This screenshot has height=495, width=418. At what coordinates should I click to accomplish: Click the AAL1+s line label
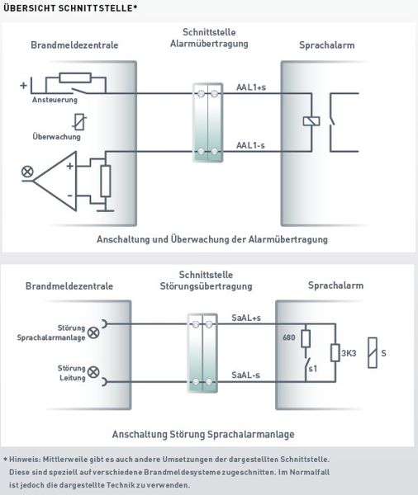click(x=251, y=87)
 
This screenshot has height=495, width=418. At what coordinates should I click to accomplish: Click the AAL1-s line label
click(x=250, y=145)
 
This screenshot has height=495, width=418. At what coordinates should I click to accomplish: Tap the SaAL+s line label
click(x=246, y=318)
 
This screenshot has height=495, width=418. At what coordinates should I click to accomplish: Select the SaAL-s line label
click(x=245, y=375)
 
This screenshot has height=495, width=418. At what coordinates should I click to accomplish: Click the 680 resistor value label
click(x=289, y=337)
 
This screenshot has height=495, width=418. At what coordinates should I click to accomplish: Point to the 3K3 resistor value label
click(x=349, y=353)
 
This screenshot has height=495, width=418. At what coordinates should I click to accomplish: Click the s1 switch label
click(x=313, y=369)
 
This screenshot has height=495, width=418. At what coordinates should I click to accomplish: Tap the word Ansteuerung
click(x=55, y=100)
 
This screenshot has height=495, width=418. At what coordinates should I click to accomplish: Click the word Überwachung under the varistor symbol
click(x=57, y=137)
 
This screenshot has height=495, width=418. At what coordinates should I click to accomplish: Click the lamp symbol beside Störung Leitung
click(x=93, y=372)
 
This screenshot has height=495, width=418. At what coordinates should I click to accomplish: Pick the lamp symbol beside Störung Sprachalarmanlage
click(x=93, y=332)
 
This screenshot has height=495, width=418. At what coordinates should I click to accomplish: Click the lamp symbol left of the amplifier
click(x=27, y=172)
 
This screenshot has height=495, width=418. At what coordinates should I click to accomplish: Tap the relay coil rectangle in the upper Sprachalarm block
click(x=311, y=121)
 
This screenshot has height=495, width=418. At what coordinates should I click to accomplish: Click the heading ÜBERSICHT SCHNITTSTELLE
click(x=70, y=8)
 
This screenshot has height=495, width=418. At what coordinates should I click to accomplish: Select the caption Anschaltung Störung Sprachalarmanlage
click(x=203, y=435)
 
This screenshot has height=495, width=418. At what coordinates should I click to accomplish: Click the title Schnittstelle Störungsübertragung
click(x=207, y=280)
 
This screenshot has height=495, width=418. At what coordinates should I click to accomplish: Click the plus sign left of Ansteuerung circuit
click(x=23, y=85)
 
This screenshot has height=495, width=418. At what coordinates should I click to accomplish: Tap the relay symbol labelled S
click(x=373, y=353)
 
